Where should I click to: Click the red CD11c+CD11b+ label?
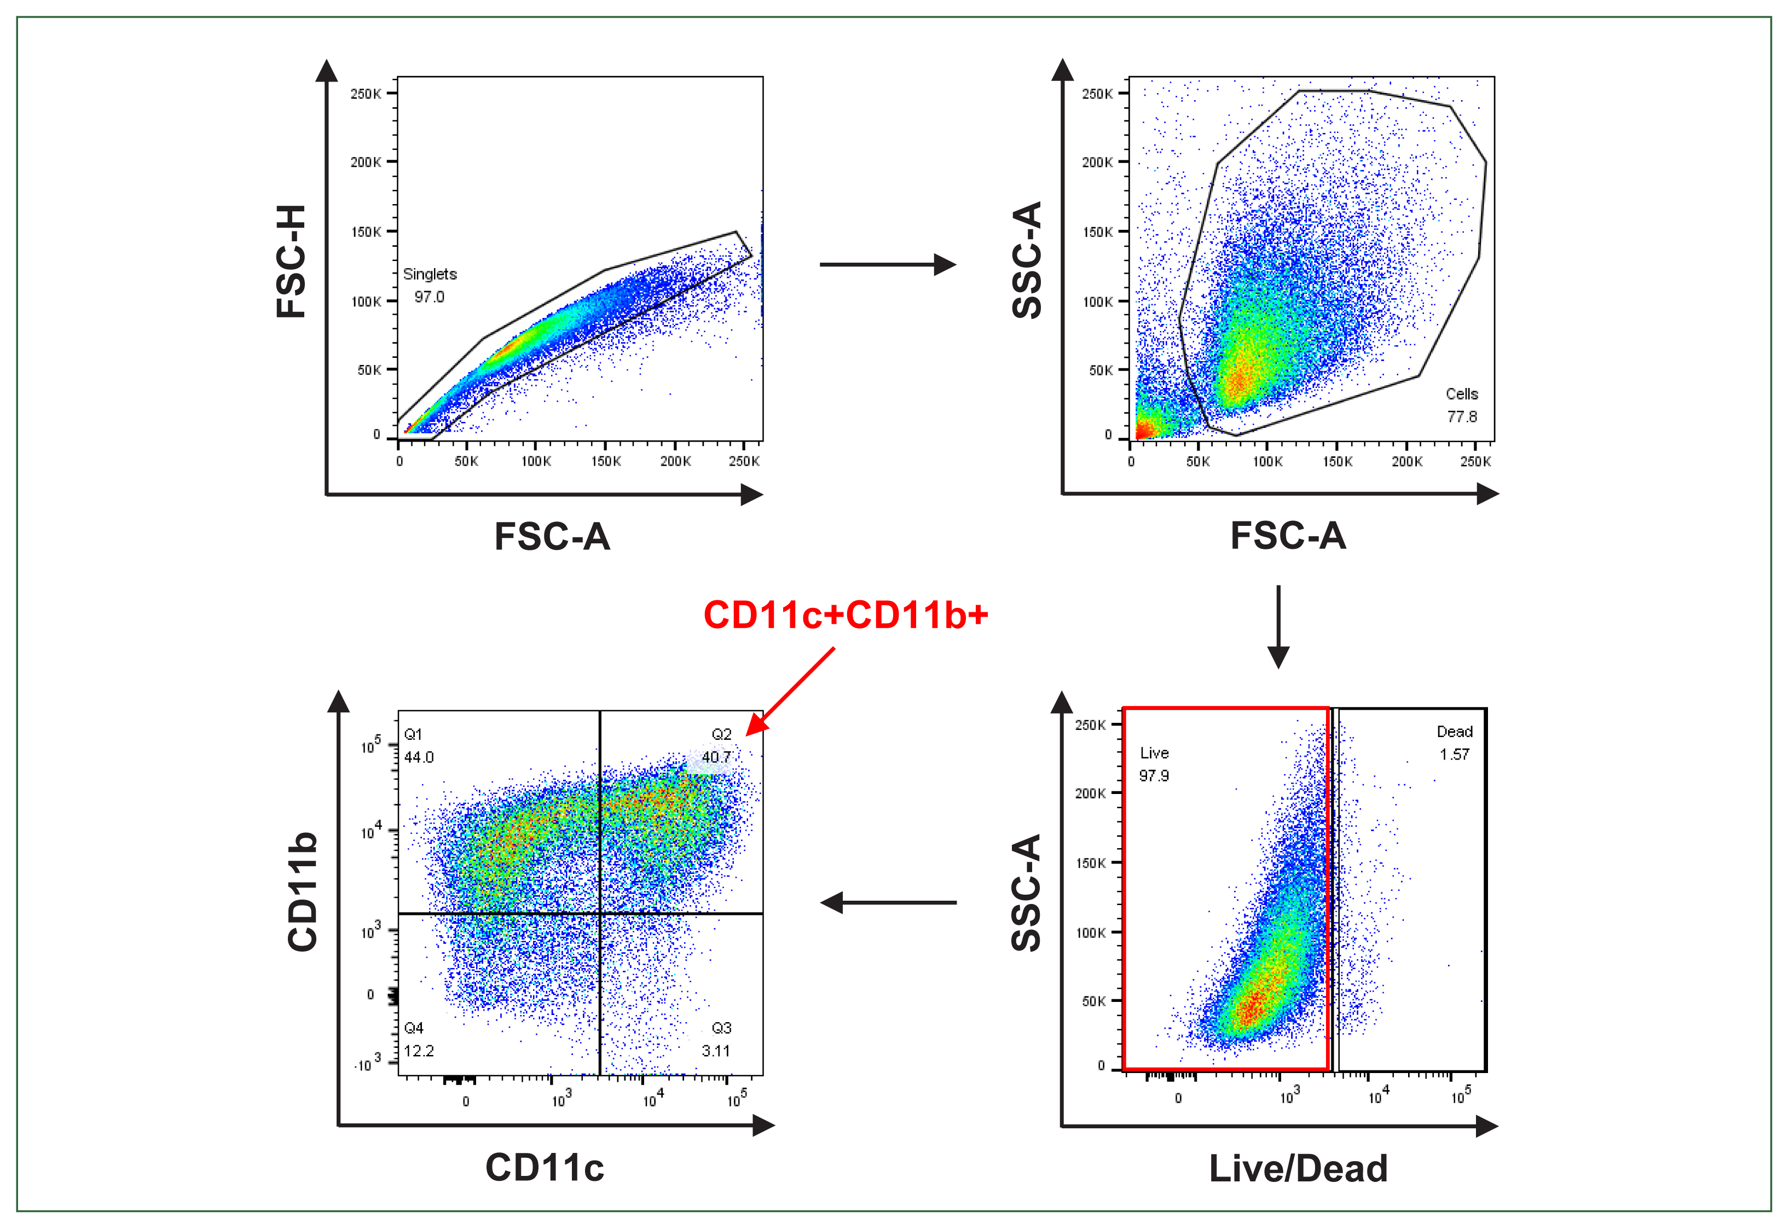click(x=845, y=615)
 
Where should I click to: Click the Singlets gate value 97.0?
click(x=429, y=297)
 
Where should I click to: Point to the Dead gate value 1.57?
click(x=1454, y=755)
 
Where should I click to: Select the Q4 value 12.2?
click(x=419, y=1051)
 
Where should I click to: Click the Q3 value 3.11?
click(x=715, y=1051)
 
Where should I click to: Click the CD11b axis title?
click(x=303, y=892)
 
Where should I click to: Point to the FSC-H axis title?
click(x=292, y=262)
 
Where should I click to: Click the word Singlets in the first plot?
click(x=430, y=274)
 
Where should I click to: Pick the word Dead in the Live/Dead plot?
click(x=1454, y=732)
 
